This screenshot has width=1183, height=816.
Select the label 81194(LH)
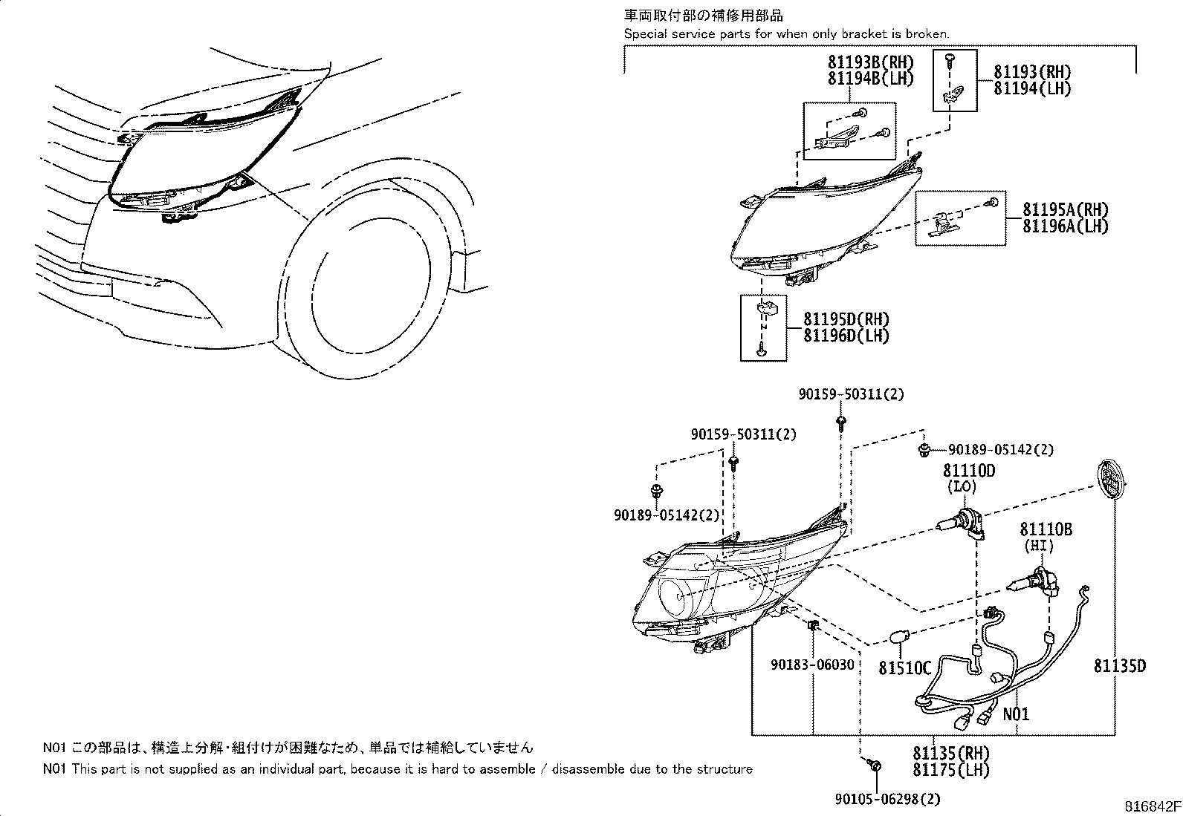(1032, 88)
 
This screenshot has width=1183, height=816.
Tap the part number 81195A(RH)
(1064, 210)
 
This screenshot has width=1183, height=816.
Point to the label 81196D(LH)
(846, 336)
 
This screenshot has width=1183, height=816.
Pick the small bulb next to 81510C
(900, 638)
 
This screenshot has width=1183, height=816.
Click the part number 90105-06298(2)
(878, 799)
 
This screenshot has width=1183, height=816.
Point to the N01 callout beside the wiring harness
(1016, 714)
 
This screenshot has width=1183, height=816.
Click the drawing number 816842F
(1151, 806)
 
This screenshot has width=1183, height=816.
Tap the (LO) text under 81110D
(961, 487)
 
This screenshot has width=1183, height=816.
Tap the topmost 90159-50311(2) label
(851, 395)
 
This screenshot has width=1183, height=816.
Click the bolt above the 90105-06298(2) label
(875, 765)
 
